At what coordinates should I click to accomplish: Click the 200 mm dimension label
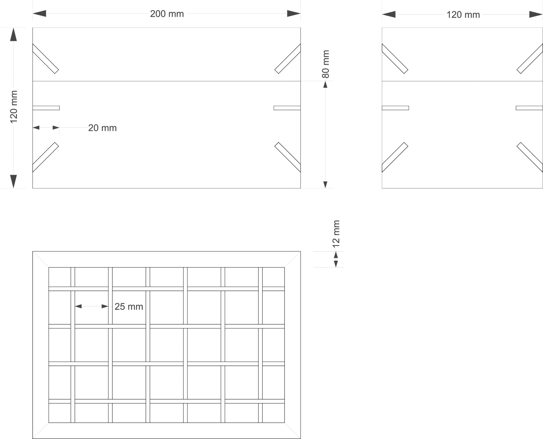[167, 14]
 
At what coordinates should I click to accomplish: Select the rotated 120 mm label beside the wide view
[14, 107]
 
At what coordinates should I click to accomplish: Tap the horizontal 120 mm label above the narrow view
[463, 15]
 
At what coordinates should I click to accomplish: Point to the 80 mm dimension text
[326, 64]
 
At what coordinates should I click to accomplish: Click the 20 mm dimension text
[102, 128]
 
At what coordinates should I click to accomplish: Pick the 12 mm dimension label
[336, 234]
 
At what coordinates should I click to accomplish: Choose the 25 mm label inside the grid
[129, 307]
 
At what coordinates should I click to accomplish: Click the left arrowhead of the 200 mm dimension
[39, 14]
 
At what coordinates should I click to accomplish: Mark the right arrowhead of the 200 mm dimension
[294, 14]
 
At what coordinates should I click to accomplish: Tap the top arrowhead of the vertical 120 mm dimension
[14, 34]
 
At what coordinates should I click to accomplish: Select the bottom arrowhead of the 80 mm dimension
[325, 185]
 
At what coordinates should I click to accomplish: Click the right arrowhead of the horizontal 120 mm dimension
[536, 14]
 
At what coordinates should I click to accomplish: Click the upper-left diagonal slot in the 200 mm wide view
[46, 59]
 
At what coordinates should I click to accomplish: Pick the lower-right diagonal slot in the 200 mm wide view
[288, 157]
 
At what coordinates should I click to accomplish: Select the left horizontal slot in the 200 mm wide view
[46, 108]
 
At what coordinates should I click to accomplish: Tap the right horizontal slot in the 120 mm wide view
[529, 108]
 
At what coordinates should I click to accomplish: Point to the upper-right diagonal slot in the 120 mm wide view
[530, 59]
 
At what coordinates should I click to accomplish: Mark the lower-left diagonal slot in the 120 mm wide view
[395, 157]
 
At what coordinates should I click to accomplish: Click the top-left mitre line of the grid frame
[41, 259]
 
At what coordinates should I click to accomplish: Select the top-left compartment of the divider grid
[59, 277]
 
